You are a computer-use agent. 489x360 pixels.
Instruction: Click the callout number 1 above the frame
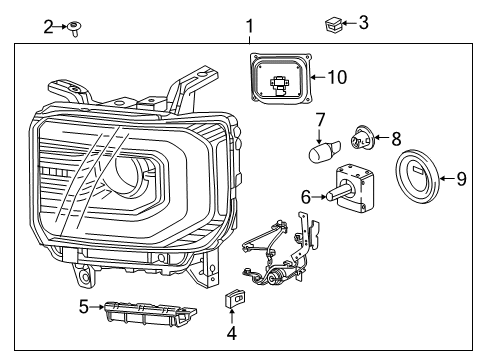tap(250, 25)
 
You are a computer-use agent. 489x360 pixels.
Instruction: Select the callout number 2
tap(48, 27)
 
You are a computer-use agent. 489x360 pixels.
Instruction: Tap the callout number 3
tap(363, 22)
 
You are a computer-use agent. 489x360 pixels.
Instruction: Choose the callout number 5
tap(85, 307)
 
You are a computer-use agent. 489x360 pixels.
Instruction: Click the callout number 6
tap(306, 198)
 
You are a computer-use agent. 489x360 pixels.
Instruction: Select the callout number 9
tap(461, 179)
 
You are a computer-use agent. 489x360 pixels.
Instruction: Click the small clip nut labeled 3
tap(333, 22)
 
